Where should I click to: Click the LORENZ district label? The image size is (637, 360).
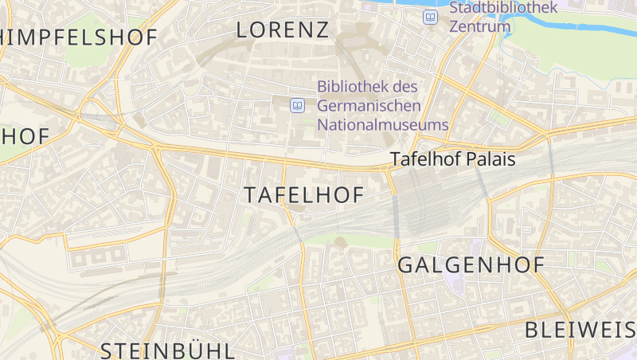(x=283, y=30)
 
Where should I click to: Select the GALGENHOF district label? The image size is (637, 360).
(x=471, y=265)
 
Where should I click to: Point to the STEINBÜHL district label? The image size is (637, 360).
(x=167, y=350)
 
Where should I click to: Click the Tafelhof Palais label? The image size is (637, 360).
(x=452, y=159)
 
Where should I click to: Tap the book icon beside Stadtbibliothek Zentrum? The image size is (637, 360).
(x=431, y=17)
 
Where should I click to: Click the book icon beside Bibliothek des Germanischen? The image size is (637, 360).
(x=298, y=105)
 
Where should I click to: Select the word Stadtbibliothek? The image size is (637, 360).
(x=503, y=8)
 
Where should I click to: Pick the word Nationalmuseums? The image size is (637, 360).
(x=383, y=125)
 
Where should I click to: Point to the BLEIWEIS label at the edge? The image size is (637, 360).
(x=580, y=330)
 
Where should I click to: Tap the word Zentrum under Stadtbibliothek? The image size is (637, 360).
(x=479, y=26)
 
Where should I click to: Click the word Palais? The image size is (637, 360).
(x=491, y=159)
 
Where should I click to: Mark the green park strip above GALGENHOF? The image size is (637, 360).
(x=350, y=239)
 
